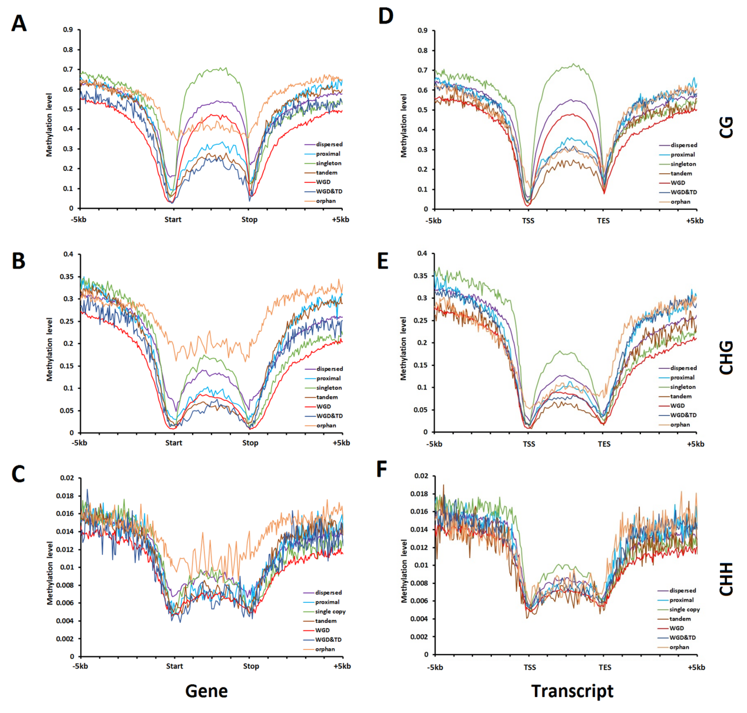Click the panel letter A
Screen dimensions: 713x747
click(19, 24)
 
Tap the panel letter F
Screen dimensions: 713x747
click(382, 470)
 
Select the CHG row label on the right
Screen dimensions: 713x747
click(726, 357)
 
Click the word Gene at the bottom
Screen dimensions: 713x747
click(206, 691)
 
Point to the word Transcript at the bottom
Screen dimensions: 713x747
click(572, 691)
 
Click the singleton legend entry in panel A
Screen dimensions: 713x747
click(328, 163)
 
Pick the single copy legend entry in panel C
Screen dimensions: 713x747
click(330, 612)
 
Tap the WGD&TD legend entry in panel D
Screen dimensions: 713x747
click(683, 192)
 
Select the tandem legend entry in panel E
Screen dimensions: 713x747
click(681, 397)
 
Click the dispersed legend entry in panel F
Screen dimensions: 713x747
click(682, 590)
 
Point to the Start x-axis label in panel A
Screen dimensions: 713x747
click(173, 220)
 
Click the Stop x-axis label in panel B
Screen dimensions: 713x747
click(250, 443)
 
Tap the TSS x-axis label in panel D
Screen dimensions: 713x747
click(528, 221)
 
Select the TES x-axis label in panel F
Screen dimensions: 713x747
click(605, 668)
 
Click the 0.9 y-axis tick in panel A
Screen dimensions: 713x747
click(68, 29)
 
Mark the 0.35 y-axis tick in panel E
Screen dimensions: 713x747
click(420, 276)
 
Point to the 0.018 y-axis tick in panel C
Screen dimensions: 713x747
click(65, 496)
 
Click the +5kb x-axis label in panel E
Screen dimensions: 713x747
click(695, 444)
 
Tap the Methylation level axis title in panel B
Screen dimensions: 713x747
click(49, 349)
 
